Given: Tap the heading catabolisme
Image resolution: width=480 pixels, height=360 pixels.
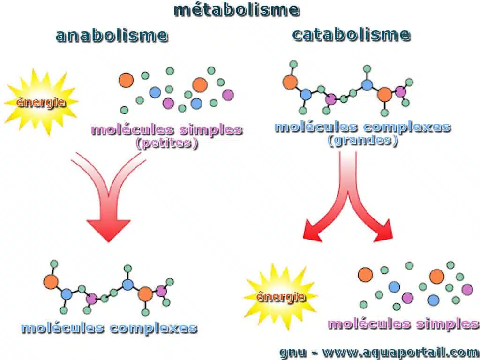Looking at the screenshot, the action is click(x=351, y=34).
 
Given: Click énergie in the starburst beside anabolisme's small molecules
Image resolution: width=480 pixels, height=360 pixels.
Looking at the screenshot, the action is click(x=41, y=102).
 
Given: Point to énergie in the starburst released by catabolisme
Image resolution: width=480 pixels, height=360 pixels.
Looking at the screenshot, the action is click(x=280, y=296).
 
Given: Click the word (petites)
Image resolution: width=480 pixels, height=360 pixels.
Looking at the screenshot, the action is click(x=167, y=143).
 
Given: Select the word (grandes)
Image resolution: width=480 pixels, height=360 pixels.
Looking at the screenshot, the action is click(x=363, y=141).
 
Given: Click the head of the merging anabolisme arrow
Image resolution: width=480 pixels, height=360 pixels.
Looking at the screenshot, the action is click(x=109, y=230).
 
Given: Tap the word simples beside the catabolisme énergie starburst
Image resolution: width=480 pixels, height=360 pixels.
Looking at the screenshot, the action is click(x=448, y=324).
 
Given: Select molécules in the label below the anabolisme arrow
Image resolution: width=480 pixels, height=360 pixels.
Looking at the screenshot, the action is click(x=63, y=328).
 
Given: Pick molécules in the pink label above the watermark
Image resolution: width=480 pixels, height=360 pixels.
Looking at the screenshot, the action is click(x=369, y=323).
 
